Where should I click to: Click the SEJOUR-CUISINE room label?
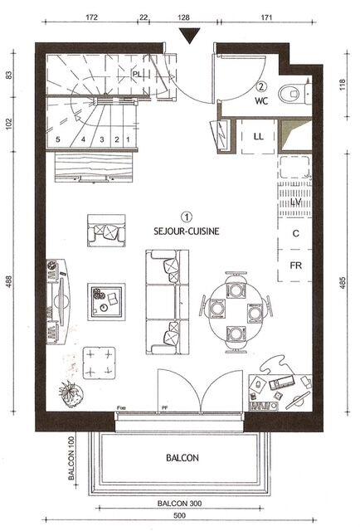pyautogui.click(x=186, y=233)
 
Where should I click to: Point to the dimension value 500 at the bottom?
pyautogui.click(x=181, y=516)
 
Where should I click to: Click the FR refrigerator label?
pyautogui.click(x=294, y=266)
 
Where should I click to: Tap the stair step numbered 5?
pyautogui.click(x=58, y=139)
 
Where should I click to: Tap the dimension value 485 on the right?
pyautogui.click(x=343, y=285)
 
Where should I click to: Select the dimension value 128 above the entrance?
pyautogui.click(x=183, y=16)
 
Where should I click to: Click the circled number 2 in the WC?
pyautogui.click(x=262, y=85)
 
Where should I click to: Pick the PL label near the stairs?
pyautogui.click(x=138, y=74)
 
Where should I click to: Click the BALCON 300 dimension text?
pyautogui.click(x=180, y=504)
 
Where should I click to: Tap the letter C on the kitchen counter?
pyautogui.click(x=295, y=234)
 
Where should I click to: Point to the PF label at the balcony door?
pyautogui.click(x=164, y=407)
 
